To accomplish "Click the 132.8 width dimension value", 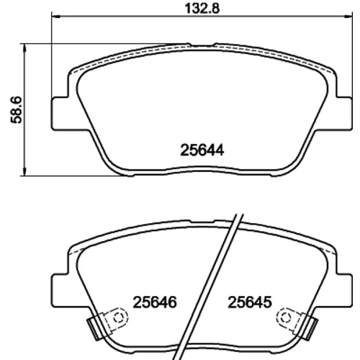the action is tap(202, 9).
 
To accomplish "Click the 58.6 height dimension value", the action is tap(17, 110).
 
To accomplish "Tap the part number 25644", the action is tap(202, 150).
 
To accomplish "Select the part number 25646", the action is tap(155, 302).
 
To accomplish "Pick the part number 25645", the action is tap(250, 302).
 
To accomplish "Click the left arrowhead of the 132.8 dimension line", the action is tap(55, 17).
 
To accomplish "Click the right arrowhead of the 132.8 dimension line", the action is tap(348, 17).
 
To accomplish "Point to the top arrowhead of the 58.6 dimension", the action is tap(24, 48).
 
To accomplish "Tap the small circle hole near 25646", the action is tap(118, 318).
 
